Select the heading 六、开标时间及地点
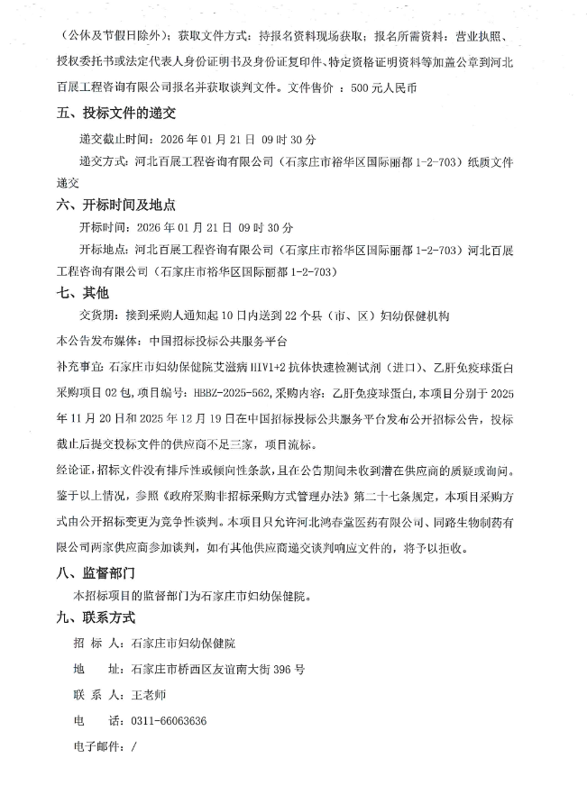pyautogui.click(x=115, y=205)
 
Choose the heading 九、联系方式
pyautogui.click(x=95, y=617)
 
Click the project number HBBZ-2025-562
pyautogui.click(x=224, y=393)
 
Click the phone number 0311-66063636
pyautogui.click(x=169, y=721)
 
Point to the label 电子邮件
pyautogui.click(x=99, y=746)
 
